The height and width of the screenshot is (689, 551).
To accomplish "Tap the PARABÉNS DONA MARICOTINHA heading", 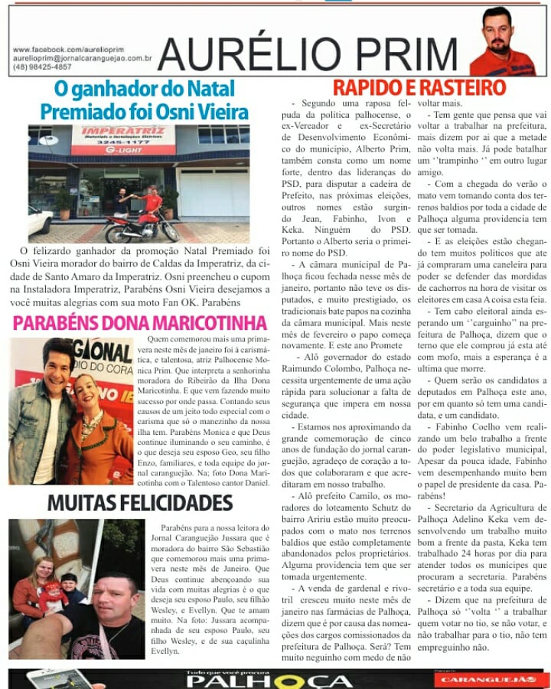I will click(139, 322).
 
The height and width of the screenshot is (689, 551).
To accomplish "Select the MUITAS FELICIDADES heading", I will click(139, 503).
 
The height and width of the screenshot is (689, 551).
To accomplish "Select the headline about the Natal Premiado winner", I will click(145, 100).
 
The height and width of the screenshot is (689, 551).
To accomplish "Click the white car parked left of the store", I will click(38, 222).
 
